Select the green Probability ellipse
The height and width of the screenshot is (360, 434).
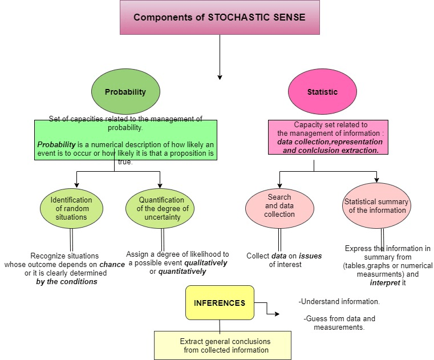(x=125, y=92)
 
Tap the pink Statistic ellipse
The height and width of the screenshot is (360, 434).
(x=322, y=92)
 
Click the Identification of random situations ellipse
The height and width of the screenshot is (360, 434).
(x=71, y=208)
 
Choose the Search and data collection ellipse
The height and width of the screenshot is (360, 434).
(x=279, y=206)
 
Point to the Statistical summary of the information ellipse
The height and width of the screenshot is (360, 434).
(x=377, y=206)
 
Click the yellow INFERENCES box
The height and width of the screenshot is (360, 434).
(x=220, y=303)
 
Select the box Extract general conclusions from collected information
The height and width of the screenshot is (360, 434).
(x=222, y=346)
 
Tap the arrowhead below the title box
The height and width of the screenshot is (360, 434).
(x=220, y=76)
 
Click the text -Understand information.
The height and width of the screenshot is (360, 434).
(x=339, y=301)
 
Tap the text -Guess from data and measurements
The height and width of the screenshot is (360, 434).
(x=339, y=323)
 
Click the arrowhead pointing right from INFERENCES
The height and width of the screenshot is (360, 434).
(x=277, y=314)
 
